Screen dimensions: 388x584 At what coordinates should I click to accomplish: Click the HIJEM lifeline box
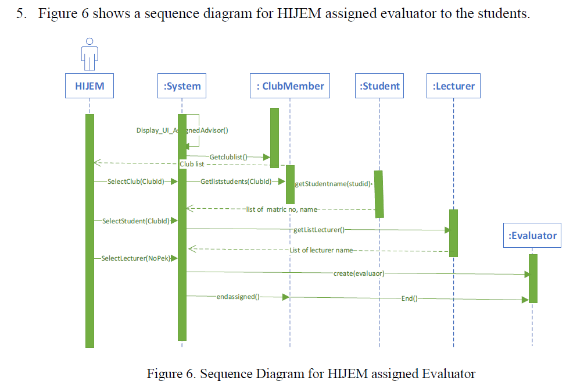(x=89, y=87)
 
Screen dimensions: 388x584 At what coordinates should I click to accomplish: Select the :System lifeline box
(x=182, y=87)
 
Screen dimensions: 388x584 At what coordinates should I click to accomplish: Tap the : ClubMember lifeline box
(x=290, y=86)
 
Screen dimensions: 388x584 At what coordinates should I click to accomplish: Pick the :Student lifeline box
(x=379, y=86)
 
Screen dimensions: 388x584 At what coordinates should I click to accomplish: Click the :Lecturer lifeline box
(x=453, y=87)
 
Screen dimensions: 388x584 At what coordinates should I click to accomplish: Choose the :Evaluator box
(x=532, y=236)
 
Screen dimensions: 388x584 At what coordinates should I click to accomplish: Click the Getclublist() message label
(x=228, y=156)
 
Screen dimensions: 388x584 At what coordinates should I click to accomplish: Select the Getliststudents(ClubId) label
(x=236, y=181)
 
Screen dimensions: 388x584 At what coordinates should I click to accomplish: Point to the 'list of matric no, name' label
(x=281, y=209)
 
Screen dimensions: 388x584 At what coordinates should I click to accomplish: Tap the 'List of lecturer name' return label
(x=321, y=250)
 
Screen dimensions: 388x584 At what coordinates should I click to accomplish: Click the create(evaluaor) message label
(x=359, y=273)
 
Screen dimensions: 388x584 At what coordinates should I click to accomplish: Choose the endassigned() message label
(x=238, y=297)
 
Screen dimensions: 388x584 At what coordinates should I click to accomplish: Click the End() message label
(x=409, y=298)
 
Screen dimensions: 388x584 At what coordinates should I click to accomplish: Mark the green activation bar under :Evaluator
(x=533, y=278)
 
